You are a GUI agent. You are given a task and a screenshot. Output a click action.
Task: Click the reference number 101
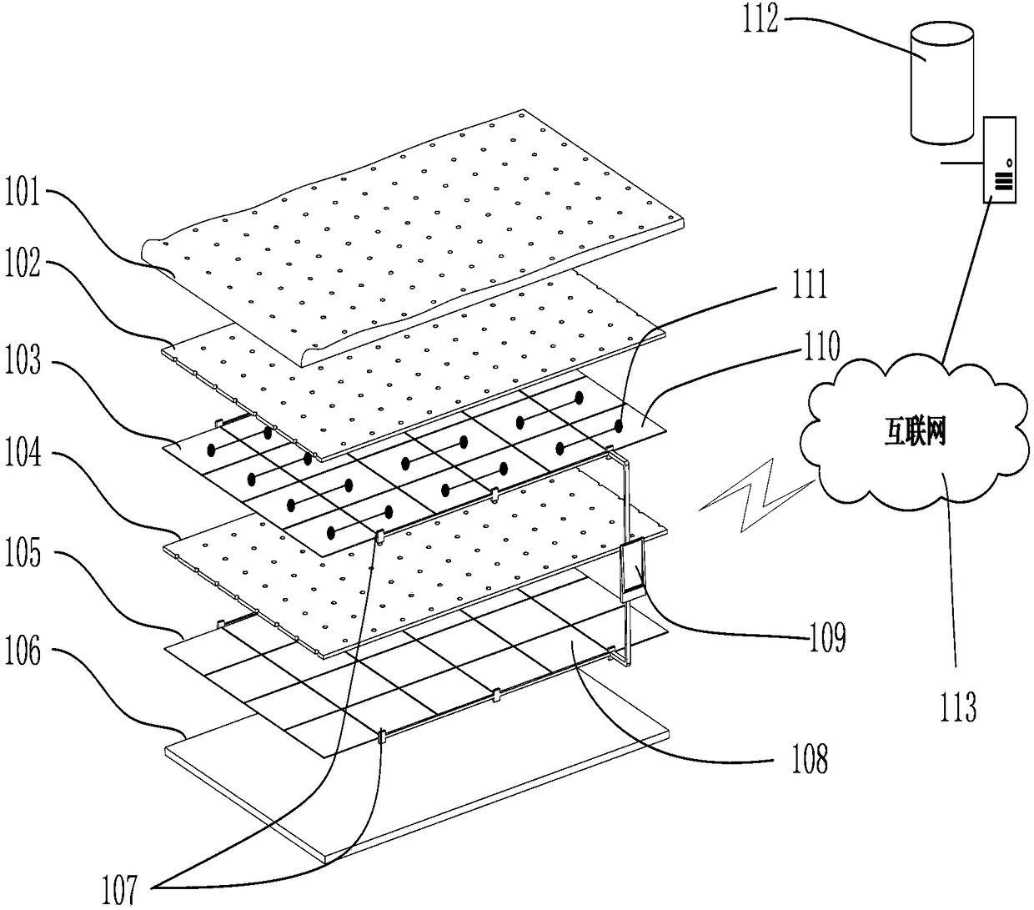(23, 192)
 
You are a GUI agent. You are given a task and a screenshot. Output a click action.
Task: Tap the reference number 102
(23, 263)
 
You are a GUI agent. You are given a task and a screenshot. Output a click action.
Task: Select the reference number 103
(23, 360)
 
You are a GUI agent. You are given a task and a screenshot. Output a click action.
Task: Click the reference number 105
(23, 552)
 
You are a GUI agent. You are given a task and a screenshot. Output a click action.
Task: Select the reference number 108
(810, 759)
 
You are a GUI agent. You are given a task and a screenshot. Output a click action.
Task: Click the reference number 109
(828, 636)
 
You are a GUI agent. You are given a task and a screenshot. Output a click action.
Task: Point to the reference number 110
(821, 347)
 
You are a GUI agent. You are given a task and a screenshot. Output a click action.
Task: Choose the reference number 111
(810, 284)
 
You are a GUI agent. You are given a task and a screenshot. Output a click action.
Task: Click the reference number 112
(760, 18)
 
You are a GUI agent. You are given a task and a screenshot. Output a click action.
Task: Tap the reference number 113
(958, 706)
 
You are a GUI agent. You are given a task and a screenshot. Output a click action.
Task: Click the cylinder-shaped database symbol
(942, 83)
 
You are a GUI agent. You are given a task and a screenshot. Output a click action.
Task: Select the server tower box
(1000, 160)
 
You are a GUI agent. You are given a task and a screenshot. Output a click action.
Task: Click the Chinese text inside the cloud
(915, 432)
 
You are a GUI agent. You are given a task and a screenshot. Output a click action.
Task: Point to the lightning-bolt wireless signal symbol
(756, 495)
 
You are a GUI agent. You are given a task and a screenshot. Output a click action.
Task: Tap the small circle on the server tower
(1009, 163)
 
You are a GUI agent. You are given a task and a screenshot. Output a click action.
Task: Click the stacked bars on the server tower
(1004, 181)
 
